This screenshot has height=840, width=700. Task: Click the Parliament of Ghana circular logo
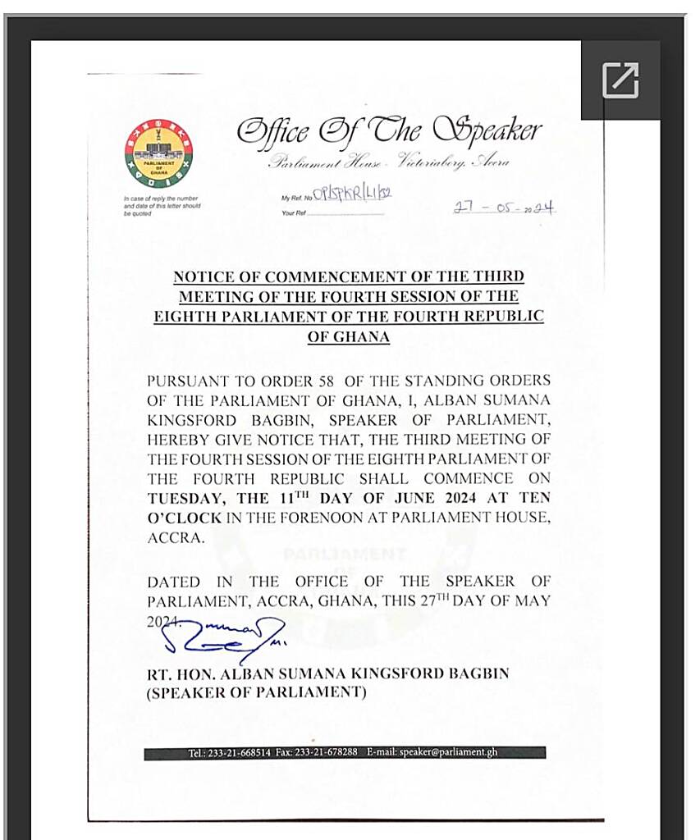coord(159,153)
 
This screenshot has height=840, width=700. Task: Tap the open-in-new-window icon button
coord(620,80)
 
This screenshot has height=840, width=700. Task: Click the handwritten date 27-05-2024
coord(504,208)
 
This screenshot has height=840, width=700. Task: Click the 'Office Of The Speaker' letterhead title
coord(389,130)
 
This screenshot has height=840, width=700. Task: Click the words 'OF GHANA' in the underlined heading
coord(349,336)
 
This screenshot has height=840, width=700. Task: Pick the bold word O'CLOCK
coord(185,518)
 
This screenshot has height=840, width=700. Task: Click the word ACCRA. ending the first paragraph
coord(174,537)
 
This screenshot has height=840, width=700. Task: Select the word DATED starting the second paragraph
coord(173,582)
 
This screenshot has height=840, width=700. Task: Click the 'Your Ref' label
coord(294,213)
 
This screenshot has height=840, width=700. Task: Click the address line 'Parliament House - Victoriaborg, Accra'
coord(389,162)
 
